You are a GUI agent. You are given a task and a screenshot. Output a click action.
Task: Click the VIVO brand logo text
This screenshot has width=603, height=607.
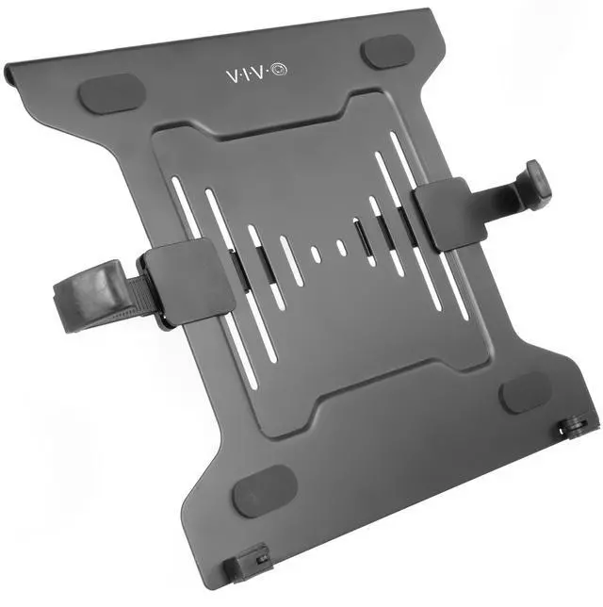coord(256,74)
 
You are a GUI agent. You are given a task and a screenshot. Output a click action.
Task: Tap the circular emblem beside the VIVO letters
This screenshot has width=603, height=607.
coord(280,71)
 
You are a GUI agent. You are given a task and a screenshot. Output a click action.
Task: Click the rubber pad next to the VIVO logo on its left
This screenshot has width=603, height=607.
coord(112,94)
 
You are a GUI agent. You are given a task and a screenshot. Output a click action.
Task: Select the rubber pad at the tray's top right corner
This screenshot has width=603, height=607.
coord(387,51)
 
